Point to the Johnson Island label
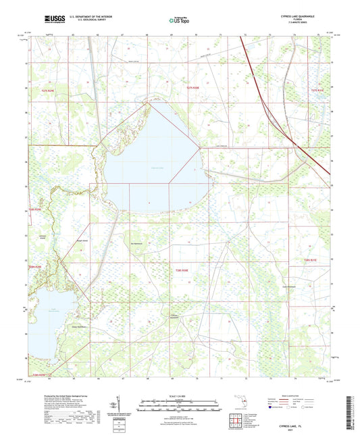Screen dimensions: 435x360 (43, 236)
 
